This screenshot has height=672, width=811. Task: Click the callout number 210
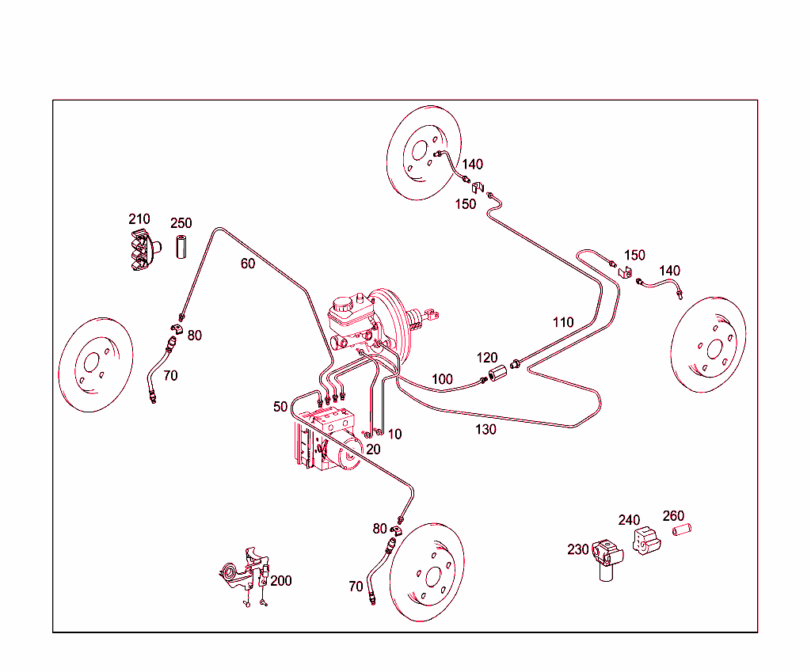[139, 218]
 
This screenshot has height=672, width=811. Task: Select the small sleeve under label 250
[180, 247]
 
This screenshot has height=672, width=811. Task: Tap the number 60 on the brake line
[248, 264]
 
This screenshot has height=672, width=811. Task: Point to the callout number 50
[280, 407]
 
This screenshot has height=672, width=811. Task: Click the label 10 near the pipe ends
[394, 434]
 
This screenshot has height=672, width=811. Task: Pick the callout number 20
[373, 449]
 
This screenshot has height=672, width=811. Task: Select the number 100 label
[443, 379]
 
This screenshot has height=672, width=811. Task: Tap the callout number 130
[485, 429]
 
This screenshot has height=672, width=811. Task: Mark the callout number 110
[563, 322]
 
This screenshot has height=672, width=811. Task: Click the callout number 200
[281, 580]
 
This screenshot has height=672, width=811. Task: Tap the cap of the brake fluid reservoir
[343, 303]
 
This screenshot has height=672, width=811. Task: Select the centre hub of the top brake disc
[418, 150]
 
